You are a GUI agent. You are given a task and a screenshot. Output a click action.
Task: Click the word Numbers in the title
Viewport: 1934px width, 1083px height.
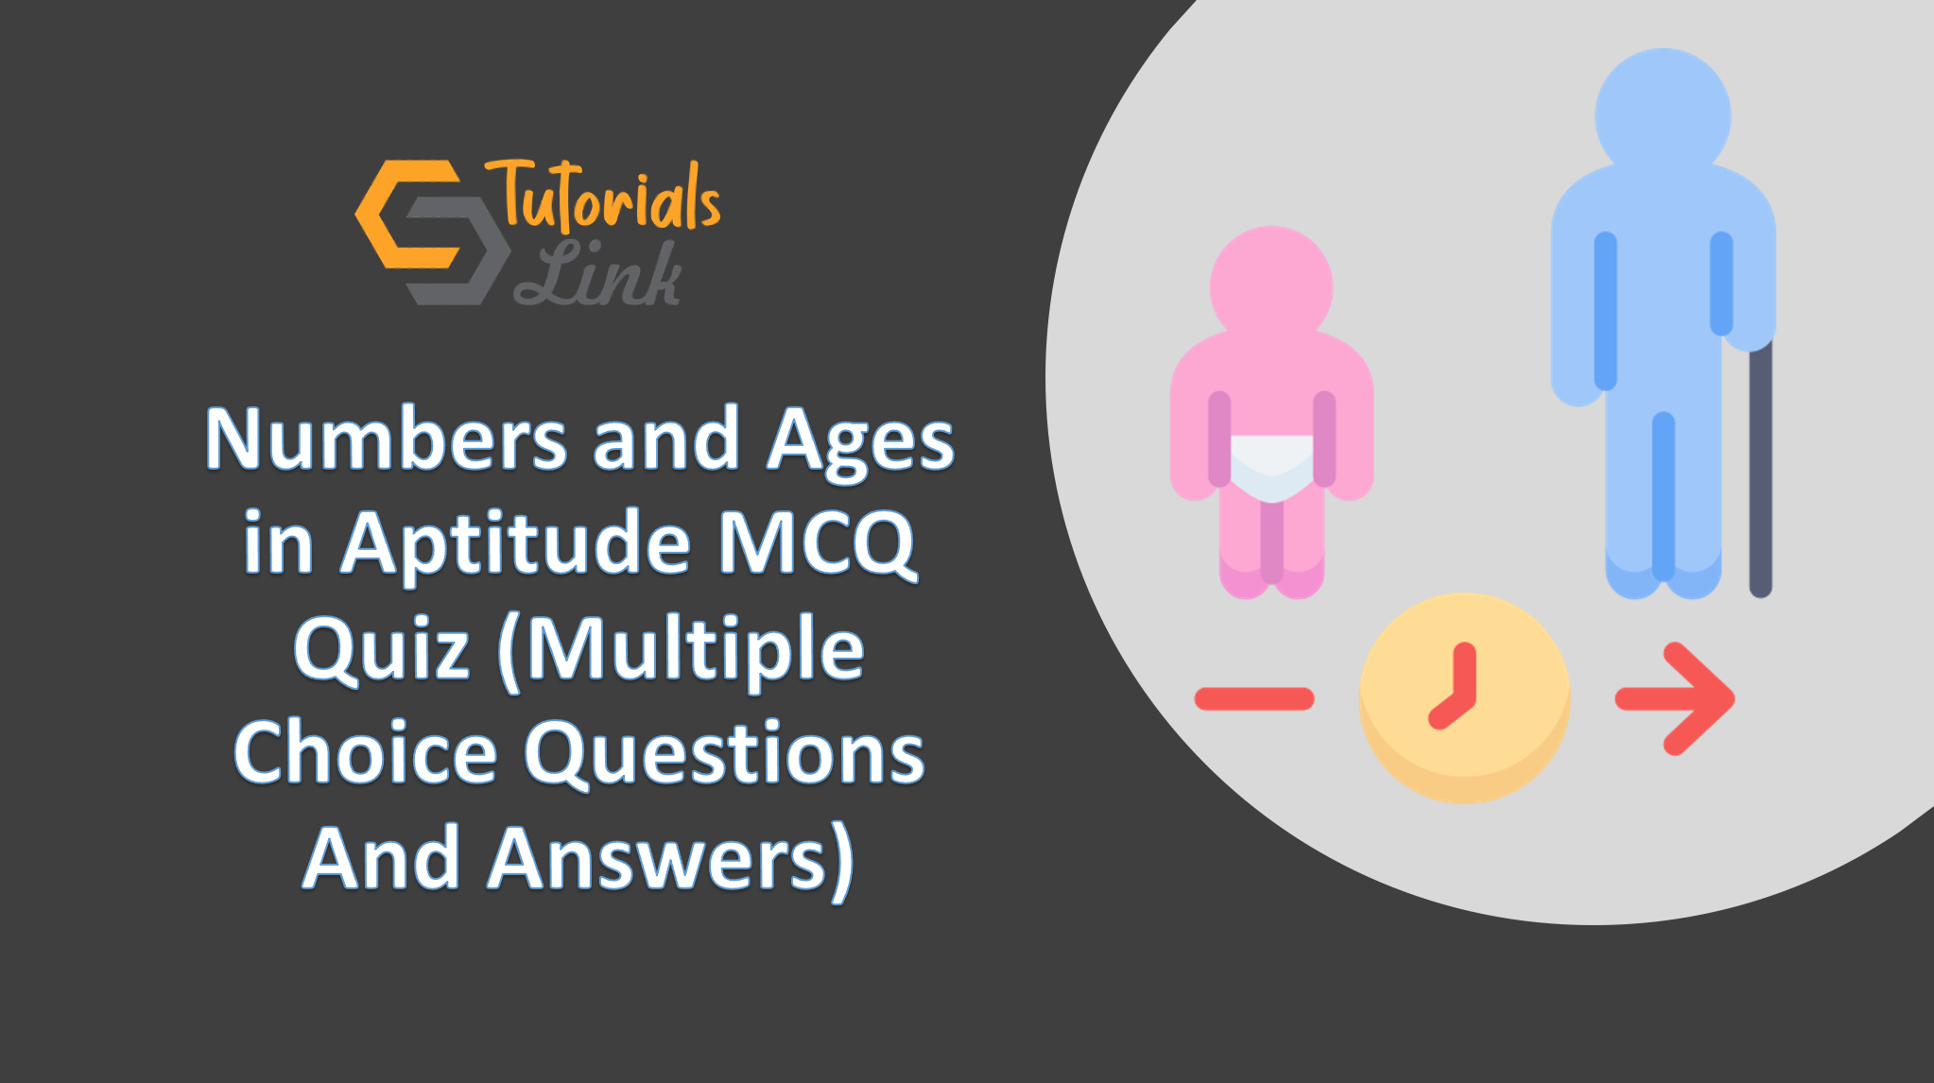[x=386, y=439]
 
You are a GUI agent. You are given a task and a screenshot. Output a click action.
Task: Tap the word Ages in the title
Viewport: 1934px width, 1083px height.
[x=859, y=442]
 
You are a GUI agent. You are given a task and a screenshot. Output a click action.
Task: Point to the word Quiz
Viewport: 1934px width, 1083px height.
[x=382, y=650]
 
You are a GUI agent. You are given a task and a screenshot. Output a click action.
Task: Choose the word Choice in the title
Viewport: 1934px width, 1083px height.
[x=365, y=753]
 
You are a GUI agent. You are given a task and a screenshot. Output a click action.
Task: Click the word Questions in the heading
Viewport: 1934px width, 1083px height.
[x=724, y=753]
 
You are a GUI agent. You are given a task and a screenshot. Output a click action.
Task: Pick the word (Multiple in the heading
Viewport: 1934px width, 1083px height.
[x=681, y=650]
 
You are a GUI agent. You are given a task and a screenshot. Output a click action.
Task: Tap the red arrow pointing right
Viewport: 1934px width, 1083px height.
[x=1675, y=699]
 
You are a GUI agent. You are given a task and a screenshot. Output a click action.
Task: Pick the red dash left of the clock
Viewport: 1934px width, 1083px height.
[x=1253, y=699]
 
